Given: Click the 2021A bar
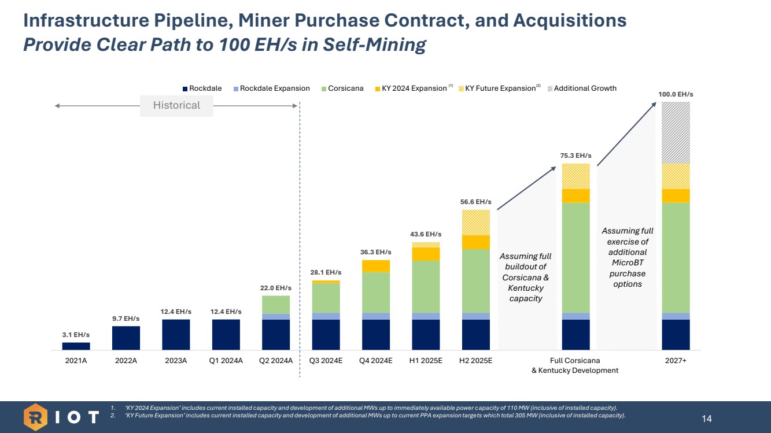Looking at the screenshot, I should (76, 346).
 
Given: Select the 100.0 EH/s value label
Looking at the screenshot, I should (676, 94).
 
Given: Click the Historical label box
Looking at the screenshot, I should (176, 105).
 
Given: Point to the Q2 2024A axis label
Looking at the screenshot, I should (276, 361).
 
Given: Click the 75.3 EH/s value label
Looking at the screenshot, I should (576, 156).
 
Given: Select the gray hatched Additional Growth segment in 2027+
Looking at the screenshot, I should (676, 132).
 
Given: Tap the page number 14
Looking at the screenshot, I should (706, 418).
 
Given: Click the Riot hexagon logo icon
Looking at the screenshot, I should (36, 417).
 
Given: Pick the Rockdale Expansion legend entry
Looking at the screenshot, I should (271, 88).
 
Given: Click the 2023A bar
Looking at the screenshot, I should (176, 334).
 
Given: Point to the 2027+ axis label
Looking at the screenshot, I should (676, 361).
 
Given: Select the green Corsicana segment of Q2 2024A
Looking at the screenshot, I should (276, 305).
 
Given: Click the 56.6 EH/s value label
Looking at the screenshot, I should (475, 202).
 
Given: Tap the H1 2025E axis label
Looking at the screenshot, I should (426, 361).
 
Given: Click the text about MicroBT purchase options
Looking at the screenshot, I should (628, 257).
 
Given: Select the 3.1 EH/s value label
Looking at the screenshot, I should (76, 335).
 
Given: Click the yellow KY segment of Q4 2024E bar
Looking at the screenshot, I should (376, 266).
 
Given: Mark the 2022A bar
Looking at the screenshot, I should (126, 338).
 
